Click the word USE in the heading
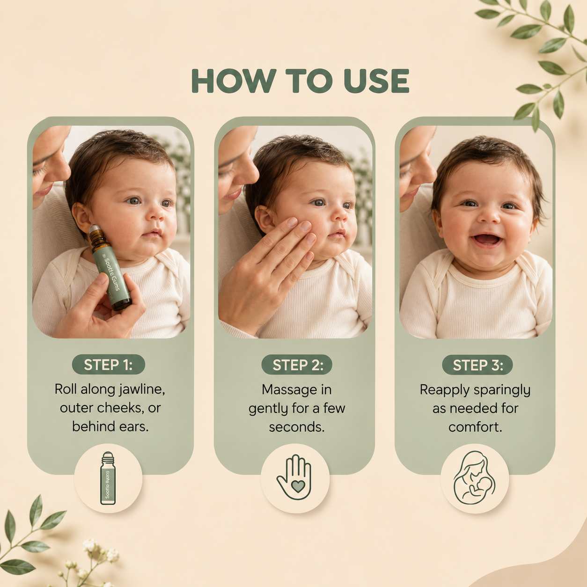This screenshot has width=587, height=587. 376,81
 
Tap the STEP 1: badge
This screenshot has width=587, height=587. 109,365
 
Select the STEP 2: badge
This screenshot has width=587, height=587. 297,365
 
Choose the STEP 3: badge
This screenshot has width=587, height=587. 477,365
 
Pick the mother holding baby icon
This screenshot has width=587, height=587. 474,477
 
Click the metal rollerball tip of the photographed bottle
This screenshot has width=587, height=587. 95,229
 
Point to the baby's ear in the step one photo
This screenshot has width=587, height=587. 81,217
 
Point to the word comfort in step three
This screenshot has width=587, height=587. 475,427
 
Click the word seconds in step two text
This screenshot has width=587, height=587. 296,427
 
